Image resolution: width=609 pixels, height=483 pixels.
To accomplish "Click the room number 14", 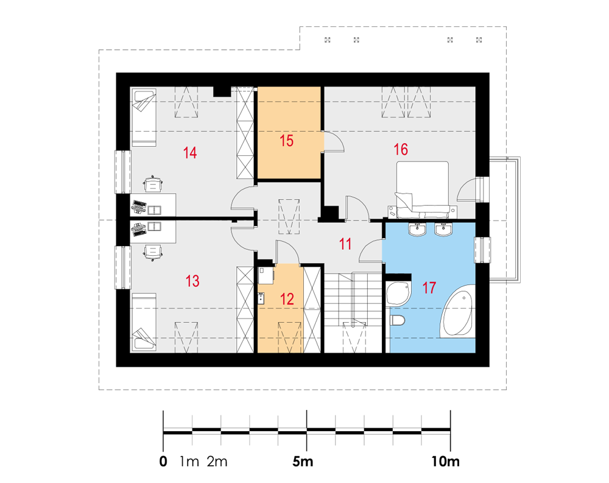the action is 190,153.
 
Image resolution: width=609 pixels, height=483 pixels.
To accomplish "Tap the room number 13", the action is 192,281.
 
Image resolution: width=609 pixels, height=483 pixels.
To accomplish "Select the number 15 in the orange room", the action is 287,141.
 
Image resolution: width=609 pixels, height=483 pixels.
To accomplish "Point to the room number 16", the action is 401,149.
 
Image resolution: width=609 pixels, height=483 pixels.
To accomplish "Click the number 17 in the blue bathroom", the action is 429,288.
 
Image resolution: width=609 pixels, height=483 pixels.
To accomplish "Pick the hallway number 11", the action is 345,244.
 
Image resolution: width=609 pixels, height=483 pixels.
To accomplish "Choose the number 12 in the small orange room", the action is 287,299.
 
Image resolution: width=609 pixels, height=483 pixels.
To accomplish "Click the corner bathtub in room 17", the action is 457,311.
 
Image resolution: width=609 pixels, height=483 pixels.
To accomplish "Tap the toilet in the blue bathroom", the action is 397,321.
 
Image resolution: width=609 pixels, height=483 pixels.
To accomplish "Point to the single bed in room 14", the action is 144,118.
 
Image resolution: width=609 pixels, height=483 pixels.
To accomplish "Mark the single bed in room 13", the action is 144,322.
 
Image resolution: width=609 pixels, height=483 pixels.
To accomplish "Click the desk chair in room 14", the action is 153,184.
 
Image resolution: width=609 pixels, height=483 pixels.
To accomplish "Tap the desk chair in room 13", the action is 153,252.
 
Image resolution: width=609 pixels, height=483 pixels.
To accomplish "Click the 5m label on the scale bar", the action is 303,462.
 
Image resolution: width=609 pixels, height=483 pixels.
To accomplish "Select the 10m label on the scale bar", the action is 446,462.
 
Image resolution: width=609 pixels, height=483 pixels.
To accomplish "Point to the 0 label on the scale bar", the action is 163,462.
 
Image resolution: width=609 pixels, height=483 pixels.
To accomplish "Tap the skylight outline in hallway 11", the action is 289,216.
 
